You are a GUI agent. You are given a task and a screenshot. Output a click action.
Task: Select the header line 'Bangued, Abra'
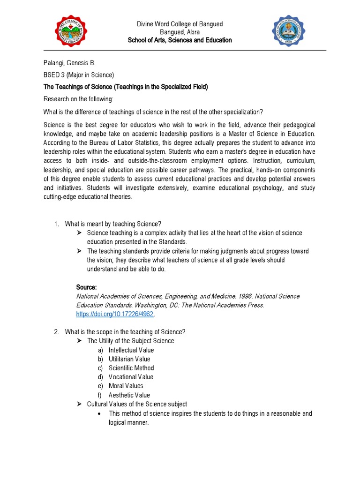(180, 32)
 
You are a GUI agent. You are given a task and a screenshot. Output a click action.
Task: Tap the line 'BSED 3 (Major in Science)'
(79, 75)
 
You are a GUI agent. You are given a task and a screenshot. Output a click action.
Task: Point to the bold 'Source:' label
(86, 287)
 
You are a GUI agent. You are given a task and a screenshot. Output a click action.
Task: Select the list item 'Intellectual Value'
(131, 350)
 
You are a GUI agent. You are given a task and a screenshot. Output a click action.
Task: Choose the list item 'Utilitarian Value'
(129, 359)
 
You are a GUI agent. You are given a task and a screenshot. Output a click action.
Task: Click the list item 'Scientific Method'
(131, 368)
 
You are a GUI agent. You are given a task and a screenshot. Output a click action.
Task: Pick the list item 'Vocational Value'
(131, 377)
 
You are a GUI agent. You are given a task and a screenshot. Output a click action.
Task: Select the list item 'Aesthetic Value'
(129, 395)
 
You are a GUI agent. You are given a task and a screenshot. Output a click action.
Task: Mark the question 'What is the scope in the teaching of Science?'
(125, 332)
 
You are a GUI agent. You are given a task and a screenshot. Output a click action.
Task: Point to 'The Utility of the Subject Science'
(130, 341)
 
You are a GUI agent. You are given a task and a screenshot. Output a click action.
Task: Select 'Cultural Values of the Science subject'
(137, 404)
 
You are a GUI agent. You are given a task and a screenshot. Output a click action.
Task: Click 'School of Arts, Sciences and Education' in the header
(180, 40)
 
